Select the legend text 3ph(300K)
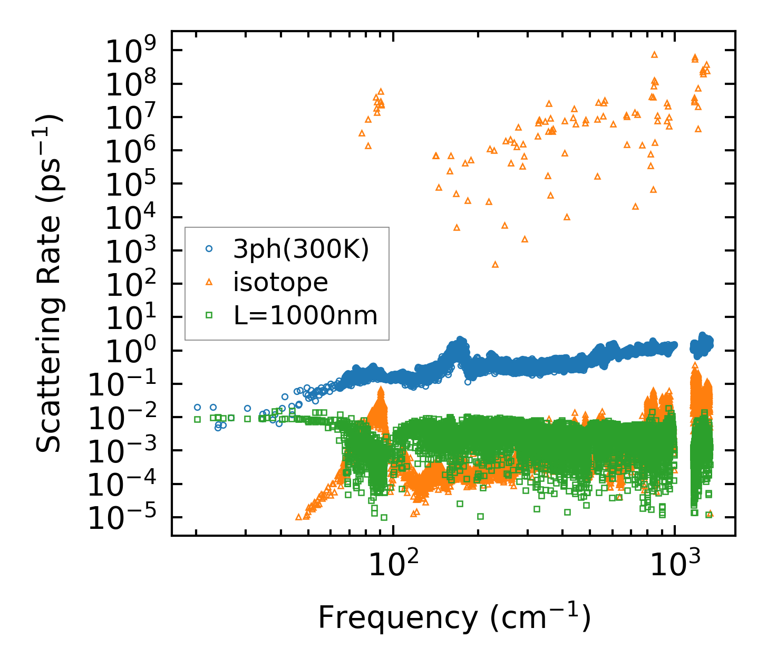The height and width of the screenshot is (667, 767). click(301, 250)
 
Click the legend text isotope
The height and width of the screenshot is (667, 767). click(280, 283)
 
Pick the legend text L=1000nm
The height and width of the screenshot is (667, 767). click(305, 316)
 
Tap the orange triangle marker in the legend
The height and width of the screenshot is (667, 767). click(209, 282)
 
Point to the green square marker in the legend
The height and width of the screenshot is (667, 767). click(209, 315)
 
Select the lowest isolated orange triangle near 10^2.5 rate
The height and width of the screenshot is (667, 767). click(495, 264)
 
